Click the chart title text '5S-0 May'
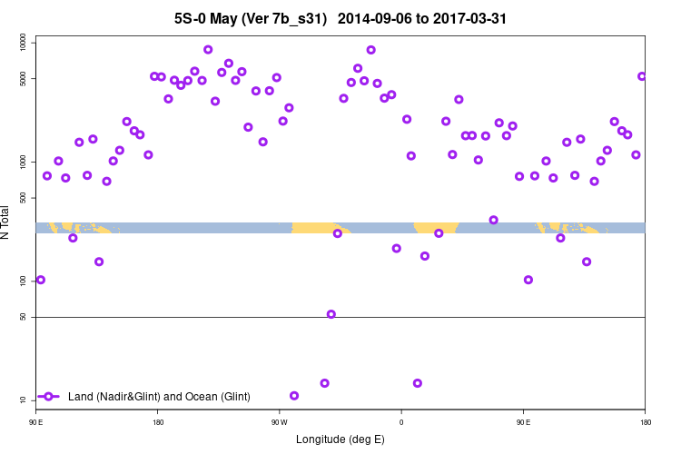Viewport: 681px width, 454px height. pyautogui.click(x=211, y=18)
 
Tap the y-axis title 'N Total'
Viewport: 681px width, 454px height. pyautogui.click(x=7, y=222)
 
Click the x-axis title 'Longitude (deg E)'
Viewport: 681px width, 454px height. pyautogui.click(x=340, y=439)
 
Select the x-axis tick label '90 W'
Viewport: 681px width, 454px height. pyautogui.click(x=279, y=421)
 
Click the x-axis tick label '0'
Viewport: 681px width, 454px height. pyautogui.click(x=400, y=421)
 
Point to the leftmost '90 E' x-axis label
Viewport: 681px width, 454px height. pyautogui.click(x=35, y=421)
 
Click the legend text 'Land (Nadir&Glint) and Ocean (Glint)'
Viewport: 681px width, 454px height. pyautogui.click(x=159, y=397)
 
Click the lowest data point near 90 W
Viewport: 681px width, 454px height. pyautogui.click(x=294, y=396)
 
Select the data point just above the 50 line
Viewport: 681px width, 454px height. pyautogui.click(x=331, y=314)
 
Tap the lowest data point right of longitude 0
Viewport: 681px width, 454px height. pyautogui.click(x=418, y=383)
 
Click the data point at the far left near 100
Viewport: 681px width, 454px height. pyautogui.click(x=40, y=280)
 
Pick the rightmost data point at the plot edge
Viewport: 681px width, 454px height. pyautogui.click(x=642, y=76)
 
